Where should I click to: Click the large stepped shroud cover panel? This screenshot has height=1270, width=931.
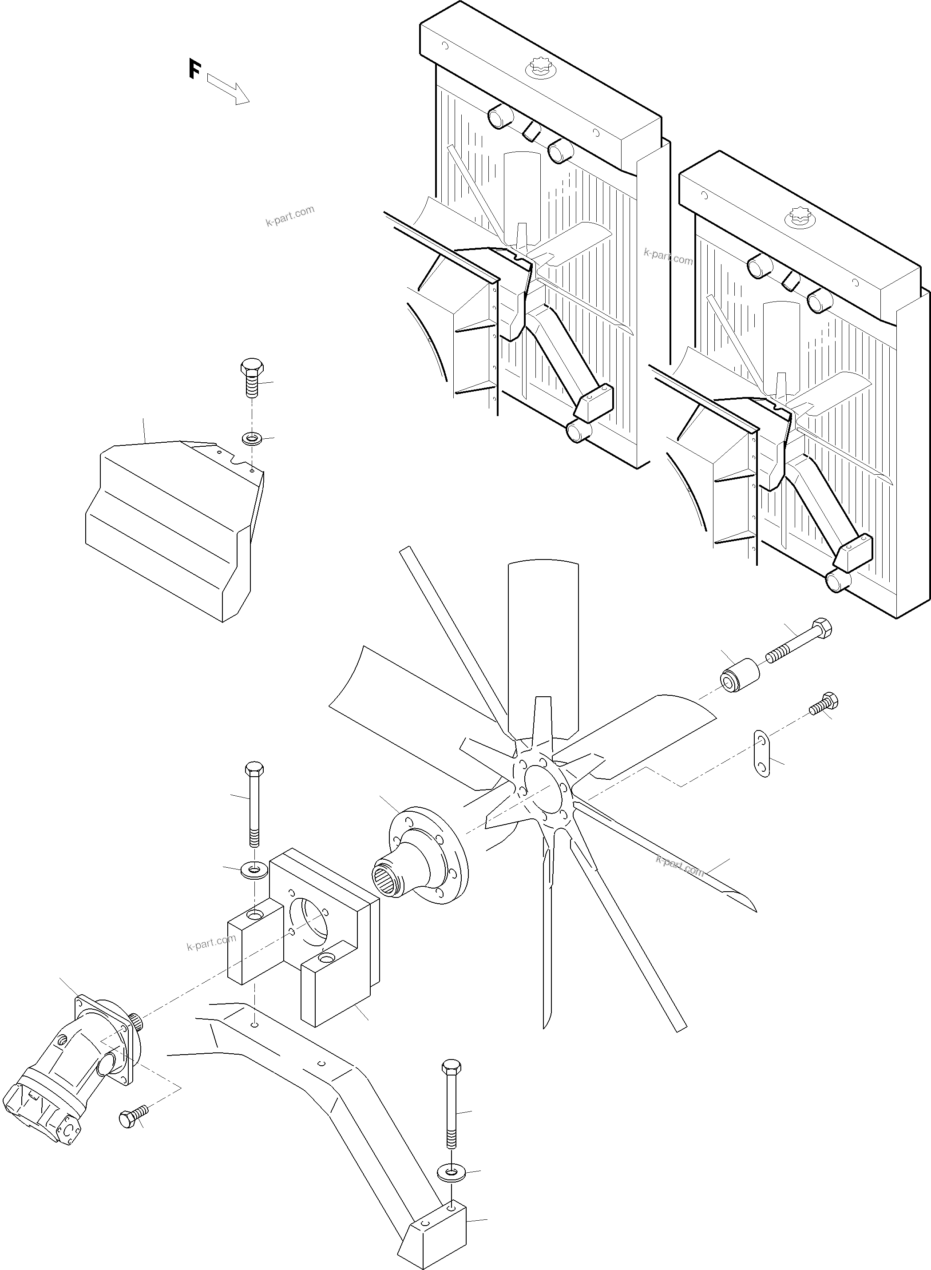pos(169,530)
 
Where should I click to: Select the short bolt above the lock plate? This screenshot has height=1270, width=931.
pos(824,705)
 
